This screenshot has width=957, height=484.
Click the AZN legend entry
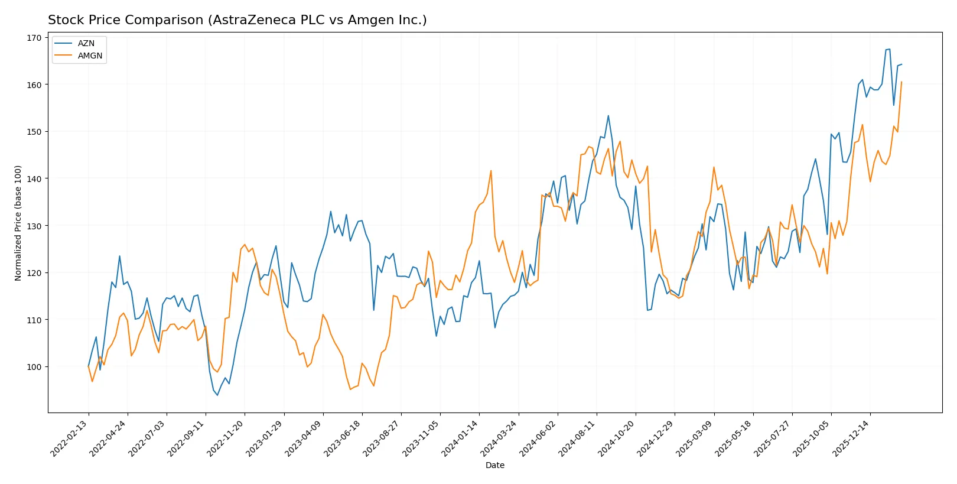point(86,43)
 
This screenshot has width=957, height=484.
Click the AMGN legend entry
point(90,56)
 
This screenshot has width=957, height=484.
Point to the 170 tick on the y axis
point(34,38)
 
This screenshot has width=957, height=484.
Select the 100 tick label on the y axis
point(34,367)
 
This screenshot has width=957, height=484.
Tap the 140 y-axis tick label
point(34,178)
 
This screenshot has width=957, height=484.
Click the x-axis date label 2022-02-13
point(70,438)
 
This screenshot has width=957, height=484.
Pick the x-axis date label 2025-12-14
point(851,438)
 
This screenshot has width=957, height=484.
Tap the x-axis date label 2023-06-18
point(343,438)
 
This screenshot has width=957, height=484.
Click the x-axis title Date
point(494,465)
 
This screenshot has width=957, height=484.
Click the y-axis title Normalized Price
point(18,223)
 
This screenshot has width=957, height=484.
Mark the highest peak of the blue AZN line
point(890,49)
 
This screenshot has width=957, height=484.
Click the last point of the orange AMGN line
point(901,82)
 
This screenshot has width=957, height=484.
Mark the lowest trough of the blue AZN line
point(217,395)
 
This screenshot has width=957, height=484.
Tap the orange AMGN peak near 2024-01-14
point(491,171)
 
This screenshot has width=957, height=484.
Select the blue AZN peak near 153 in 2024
point(608,116)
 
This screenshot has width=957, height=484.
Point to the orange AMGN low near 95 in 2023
point(350,389)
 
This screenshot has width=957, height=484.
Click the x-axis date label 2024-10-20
point(617,438)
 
